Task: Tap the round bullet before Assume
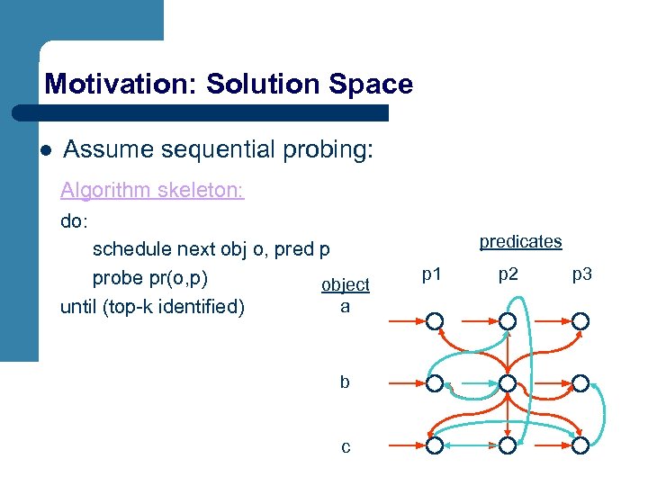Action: coord(45,150)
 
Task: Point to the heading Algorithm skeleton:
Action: coord(152,191)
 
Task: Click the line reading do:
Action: coord(75,220)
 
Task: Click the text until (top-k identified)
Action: coord(152,307)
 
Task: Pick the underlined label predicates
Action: coord(520,241)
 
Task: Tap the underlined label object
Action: coord(346,284)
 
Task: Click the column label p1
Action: coord(432,274)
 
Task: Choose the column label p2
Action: coord(508,274)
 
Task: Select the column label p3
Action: coord(581,274)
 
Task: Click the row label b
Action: coord(345,382)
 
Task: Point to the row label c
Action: coord(345,445)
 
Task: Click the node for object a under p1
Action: coord(435,321)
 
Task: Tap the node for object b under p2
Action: coord(508,384)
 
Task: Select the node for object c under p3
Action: coord(581,445)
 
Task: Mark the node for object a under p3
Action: coord(581,321)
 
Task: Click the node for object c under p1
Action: coord(435,445)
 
